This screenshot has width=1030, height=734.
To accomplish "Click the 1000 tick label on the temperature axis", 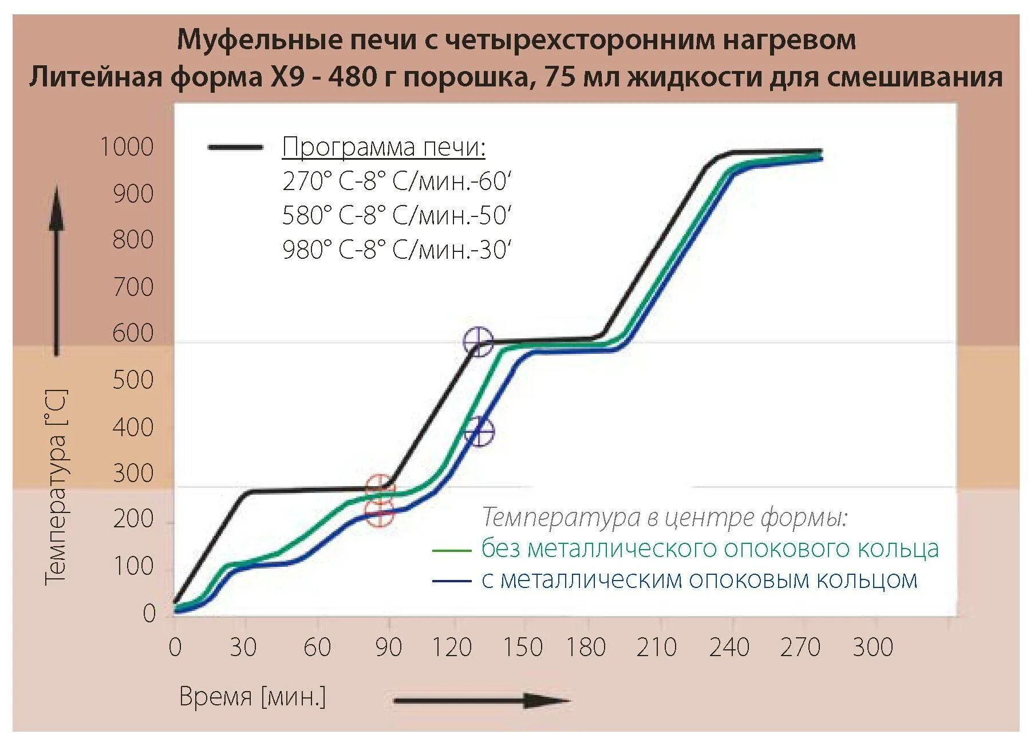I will [127, 147].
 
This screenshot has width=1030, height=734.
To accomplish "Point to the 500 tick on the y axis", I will [133, 380].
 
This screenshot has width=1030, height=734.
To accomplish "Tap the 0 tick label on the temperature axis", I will [149, 613].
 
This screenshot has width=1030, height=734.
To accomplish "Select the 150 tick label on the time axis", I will [522, 648].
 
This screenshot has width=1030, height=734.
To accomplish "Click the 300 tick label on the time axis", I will [873, 648].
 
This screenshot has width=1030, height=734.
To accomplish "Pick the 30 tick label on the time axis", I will [243, 648].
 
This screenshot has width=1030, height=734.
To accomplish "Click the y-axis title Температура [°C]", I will [56, 487].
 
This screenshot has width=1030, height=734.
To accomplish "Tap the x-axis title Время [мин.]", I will [252, 697].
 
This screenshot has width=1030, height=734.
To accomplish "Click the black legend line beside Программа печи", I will [235, 147].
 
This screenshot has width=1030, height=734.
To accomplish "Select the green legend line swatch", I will [451, 550].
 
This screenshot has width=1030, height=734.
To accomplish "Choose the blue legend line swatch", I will [451, 581].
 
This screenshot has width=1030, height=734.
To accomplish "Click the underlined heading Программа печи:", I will [384, 147].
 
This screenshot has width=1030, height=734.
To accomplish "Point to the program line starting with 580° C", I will [396, 216].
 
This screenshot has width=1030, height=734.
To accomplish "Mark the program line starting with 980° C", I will [396, 250].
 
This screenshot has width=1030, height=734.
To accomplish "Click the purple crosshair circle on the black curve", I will [478, 342].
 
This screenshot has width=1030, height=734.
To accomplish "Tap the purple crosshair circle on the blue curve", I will [479, 432].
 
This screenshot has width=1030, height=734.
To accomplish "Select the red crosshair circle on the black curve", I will [380, 488].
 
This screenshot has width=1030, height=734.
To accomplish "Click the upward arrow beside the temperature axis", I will [56, 269].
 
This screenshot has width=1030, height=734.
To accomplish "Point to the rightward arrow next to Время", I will [481, 700].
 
